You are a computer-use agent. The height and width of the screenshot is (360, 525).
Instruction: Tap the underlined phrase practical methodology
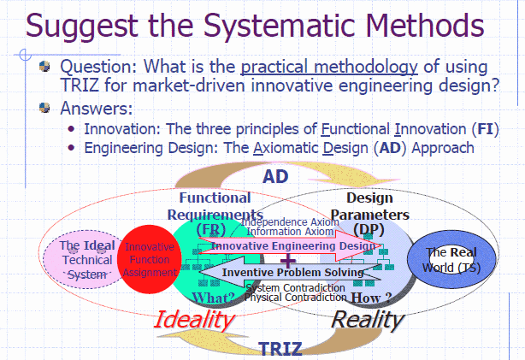coord(329,67)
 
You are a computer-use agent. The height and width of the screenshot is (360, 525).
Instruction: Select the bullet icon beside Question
coord(44,66)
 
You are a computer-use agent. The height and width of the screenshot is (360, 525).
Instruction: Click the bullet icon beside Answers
coord(44,108)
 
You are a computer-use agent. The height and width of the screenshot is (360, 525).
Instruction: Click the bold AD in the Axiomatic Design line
coord(390,148)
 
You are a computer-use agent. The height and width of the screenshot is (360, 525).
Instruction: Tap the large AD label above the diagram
coord(275,176)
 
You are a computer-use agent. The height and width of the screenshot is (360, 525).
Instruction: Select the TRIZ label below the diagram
coord(280,349)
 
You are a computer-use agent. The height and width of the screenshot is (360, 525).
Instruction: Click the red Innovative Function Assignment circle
coord(150,259)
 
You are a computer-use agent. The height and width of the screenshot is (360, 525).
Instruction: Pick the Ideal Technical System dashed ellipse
coord(84,260)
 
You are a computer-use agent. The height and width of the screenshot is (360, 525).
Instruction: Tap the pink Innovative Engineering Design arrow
coord(291,246)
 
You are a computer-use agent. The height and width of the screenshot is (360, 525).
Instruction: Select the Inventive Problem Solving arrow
coord(291,272)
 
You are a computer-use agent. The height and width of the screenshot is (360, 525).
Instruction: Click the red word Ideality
coord(194,319)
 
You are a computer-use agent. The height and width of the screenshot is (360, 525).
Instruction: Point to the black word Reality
coord(368,320)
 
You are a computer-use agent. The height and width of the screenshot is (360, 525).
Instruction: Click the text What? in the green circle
coord(213,298)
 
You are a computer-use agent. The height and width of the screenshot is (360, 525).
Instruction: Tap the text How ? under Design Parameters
coord(371,298)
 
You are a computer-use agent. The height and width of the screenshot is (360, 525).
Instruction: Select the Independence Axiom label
coord(290,221)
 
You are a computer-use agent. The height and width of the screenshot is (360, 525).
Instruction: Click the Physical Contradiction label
coord(295,298)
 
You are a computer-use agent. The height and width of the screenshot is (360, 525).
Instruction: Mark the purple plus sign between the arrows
coord(288,260)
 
